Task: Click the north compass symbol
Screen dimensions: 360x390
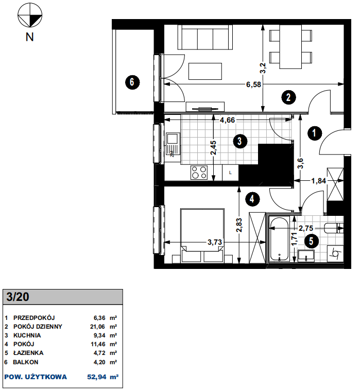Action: (30, 15)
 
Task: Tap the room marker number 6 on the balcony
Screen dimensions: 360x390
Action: (132, 82)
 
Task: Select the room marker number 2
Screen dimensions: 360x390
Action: (288, 97)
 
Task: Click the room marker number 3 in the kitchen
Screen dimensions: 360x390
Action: (240, 141)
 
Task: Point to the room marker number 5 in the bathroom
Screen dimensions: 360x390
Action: (311, 241)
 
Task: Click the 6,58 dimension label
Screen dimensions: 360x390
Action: (253, 84)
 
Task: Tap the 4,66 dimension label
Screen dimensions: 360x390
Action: (228, 120)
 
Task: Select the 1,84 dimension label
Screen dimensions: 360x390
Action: (319, 181)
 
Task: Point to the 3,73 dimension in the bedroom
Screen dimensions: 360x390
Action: (215, 242)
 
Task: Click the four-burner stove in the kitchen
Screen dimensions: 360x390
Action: (199, 173)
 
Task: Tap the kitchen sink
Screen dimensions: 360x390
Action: (173, 144)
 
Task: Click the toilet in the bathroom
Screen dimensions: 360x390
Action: (334, 228)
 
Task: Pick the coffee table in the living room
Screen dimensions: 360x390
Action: (205, 72)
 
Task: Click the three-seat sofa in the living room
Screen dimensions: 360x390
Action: (205, 37)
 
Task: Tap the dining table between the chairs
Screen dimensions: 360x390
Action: (290, 47)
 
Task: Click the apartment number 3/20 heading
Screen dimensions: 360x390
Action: (18, 297)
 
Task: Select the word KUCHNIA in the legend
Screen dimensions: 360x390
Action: (27, 335)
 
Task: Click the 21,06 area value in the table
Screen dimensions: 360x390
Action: (97, 327)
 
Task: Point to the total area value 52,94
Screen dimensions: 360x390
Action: (97, 377)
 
